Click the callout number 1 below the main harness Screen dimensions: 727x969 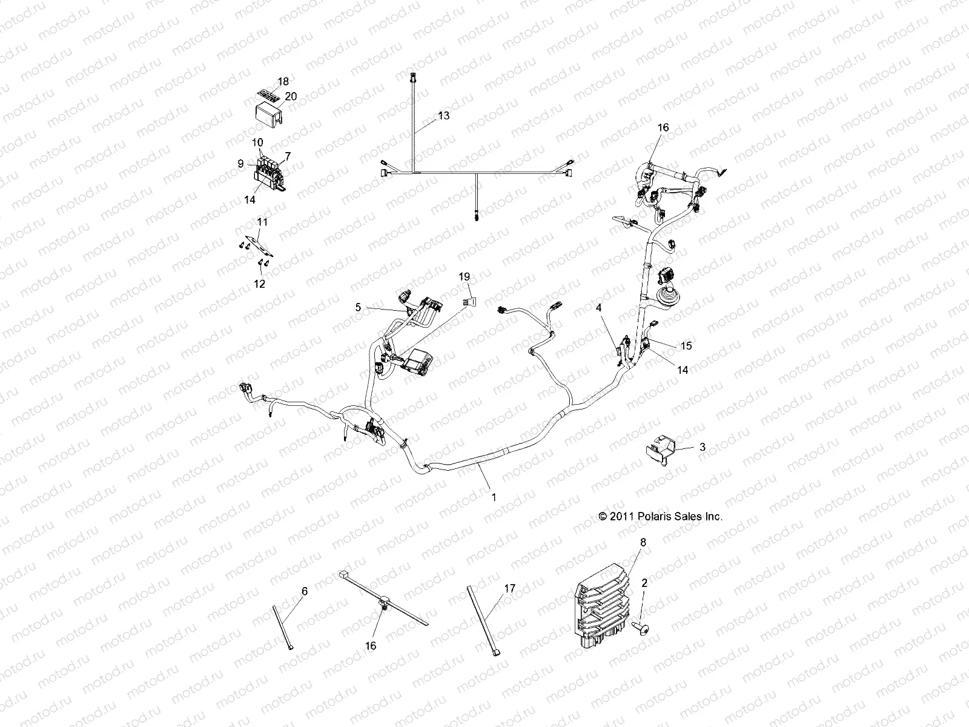pos(494,497)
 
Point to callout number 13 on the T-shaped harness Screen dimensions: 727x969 pos(444,115)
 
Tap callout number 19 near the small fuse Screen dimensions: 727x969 pos(465,276)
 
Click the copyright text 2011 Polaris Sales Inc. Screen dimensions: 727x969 pos(661,516)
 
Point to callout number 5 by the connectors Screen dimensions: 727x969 pos(358,307)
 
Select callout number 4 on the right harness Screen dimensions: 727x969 pos(599,308)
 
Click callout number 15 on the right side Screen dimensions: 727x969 pos(686,345)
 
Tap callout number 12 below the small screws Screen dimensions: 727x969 pos(259,283)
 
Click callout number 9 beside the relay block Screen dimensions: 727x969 pos(240,164)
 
